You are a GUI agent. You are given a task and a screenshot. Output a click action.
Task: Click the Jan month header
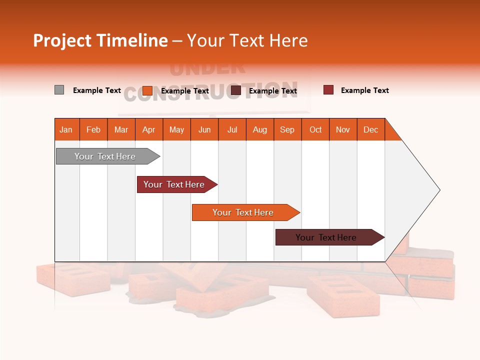[66, 129]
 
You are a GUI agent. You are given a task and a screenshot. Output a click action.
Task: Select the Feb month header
[93, 129]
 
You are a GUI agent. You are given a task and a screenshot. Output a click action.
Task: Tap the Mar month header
[121, 129]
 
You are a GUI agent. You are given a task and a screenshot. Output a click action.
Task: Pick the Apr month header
[148, 129]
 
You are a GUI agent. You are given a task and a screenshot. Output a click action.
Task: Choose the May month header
[176, 129]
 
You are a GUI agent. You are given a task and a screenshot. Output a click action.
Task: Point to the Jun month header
[204, 129]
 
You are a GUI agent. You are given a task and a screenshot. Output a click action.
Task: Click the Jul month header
[232, 129]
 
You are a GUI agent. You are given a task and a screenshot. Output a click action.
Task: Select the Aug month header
[259, 129]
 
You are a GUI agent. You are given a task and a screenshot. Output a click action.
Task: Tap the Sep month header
[287, 129]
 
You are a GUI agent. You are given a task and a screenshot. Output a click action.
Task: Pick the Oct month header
[315, 129]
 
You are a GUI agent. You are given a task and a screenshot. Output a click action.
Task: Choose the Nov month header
[343, 129]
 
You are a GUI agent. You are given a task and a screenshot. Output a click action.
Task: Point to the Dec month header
[370, 129]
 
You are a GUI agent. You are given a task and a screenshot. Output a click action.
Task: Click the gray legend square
[59, 90]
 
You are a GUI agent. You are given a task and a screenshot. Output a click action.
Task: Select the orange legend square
[147, 90]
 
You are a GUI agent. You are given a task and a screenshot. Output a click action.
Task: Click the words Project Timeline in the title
[100, 40]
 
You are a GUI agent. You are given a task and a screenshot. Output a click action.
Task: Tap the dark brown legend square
[236, 90]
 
